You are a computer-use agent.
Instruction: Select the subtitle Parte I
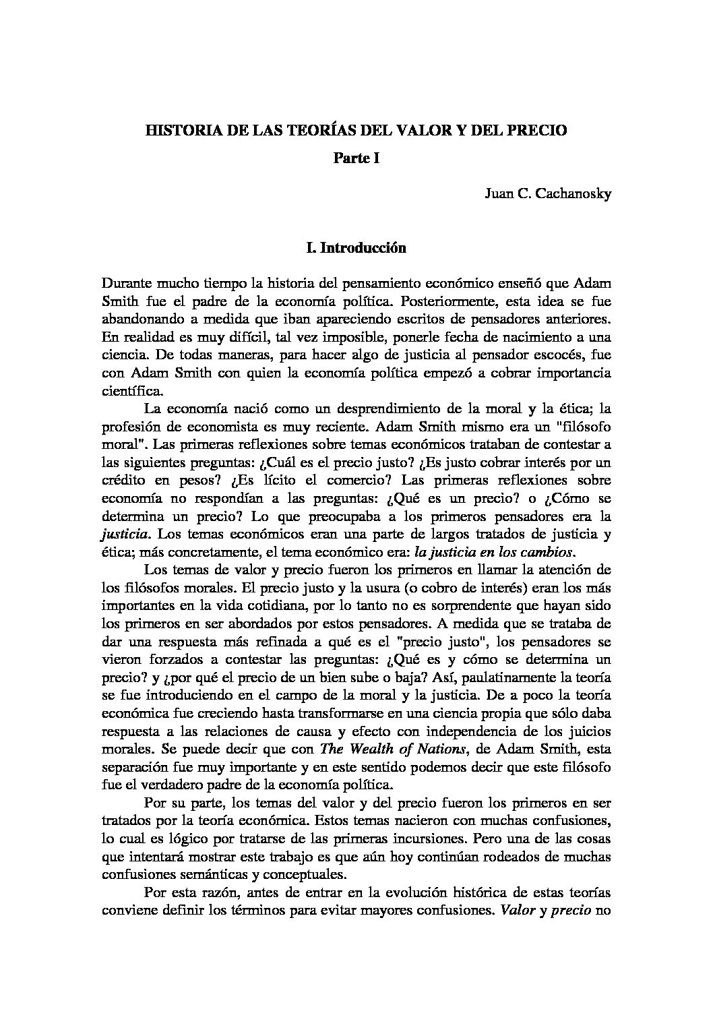tap(356, 159)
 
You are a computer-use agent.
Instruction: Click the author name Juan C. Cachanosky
tap(547, 195)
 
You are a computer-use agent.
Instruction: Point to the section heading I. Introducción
tap(356, 248)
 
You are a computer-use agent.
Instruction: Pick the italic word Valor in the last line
tap(516, 911)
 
